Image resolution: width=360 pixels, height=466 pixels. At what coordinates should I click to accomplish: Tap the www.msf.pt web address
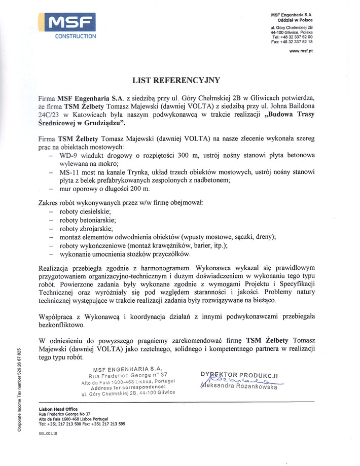click(x=300, y=51)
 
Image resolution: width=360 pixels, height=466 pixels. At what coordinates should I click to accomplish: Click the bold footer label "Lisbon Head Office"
click(x=59, y=409)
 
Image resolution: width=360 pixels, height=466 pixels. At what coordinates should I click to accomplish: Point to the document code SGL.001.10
click(x=48, y=434)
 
